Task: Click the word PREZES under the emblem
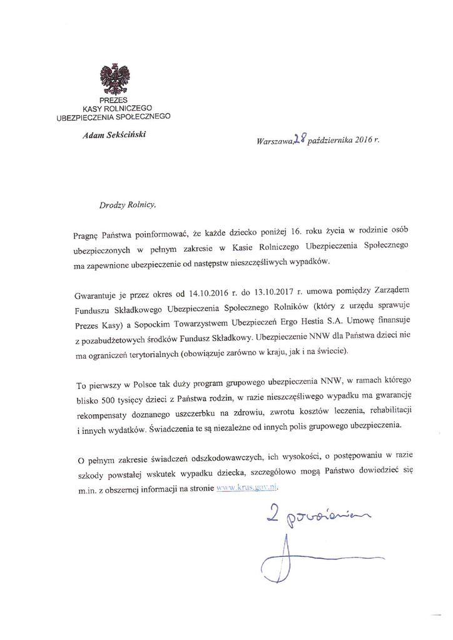114,100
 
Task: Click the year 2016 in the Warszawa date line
360,141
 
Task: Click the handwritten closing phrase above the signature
313,514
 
